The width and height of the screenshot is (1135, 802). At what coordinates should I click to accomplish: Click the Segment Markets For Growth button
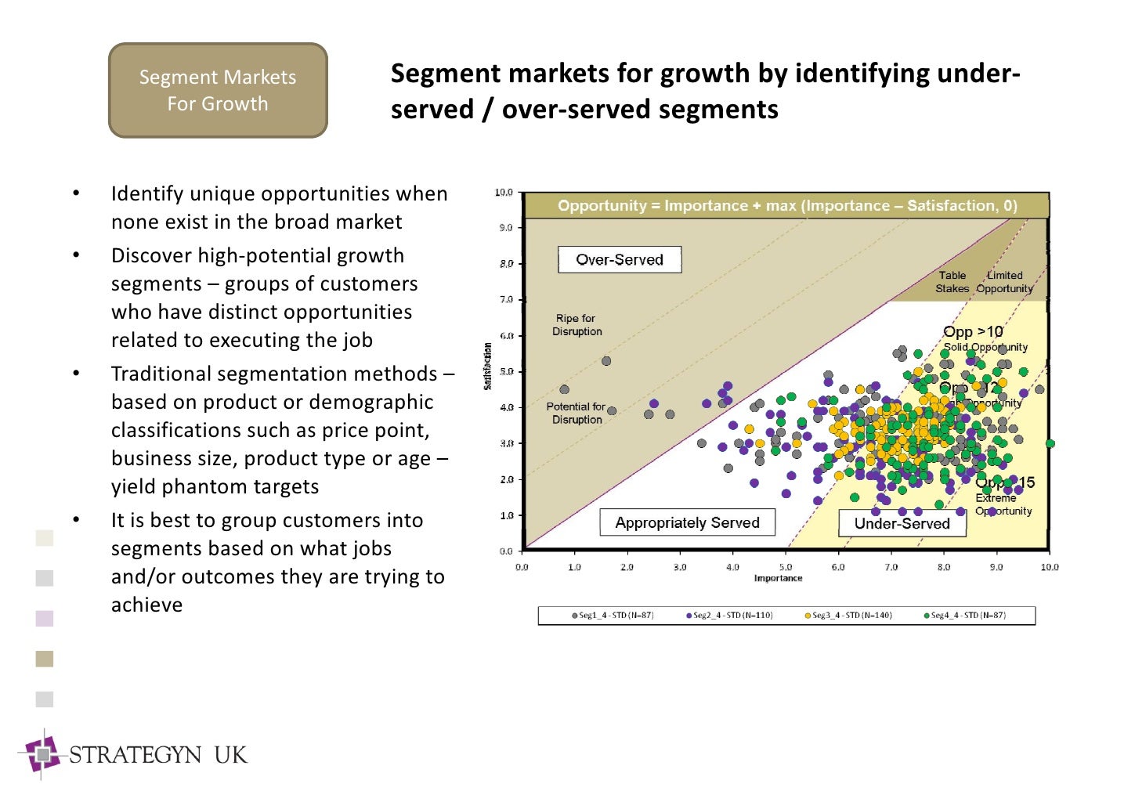tap(218, 90)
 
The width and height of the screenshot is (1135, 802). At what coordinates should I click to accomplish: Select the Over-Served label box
tap(619, 260)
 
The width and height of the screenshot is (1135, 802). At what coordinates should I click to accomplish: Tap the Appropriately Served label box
tap(687, 522)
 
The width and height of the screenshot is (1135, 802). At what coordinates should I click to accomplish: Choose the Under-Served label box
tap(902, 523)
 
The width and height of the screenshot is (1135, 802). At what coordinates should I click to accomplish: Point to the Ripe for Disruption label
tap(577, 325)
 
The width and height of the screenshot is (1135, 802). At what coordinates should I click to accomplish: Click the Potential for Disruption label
tap(576, 413)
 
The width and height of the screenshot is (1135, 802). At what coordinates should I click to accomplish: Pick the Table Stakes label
tap(952, 282)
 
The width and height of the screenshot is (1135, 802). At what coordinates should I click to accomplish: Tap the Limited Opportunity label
tap(1004, 282)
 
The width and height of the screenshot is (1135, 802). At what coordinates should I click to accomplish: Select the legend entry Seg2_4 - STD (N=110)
tap(729, 616)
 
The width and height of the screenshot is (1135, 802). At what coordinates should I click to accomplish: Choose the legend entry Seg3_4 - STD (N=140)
tap(848, 616)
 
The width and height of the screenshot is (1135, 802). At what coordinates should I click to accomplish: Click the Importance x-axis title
tap(778, 578)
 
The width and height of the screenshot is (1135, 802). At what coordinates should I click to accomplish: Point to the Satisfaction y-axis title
tap(487, 366)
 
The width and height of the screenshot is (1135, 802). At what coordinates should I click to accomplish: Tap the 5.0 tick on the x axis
tap(786, 567)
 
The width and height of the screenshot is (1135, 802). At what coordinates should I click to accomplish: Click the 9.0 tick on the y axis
tap(505, 228)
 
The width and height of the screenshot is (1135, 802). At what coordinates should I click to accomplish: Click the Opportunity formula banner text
tap(787, 206)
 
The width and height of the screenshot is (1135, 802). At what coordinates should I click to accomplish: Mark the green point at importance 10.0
tap(1050, 444)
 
